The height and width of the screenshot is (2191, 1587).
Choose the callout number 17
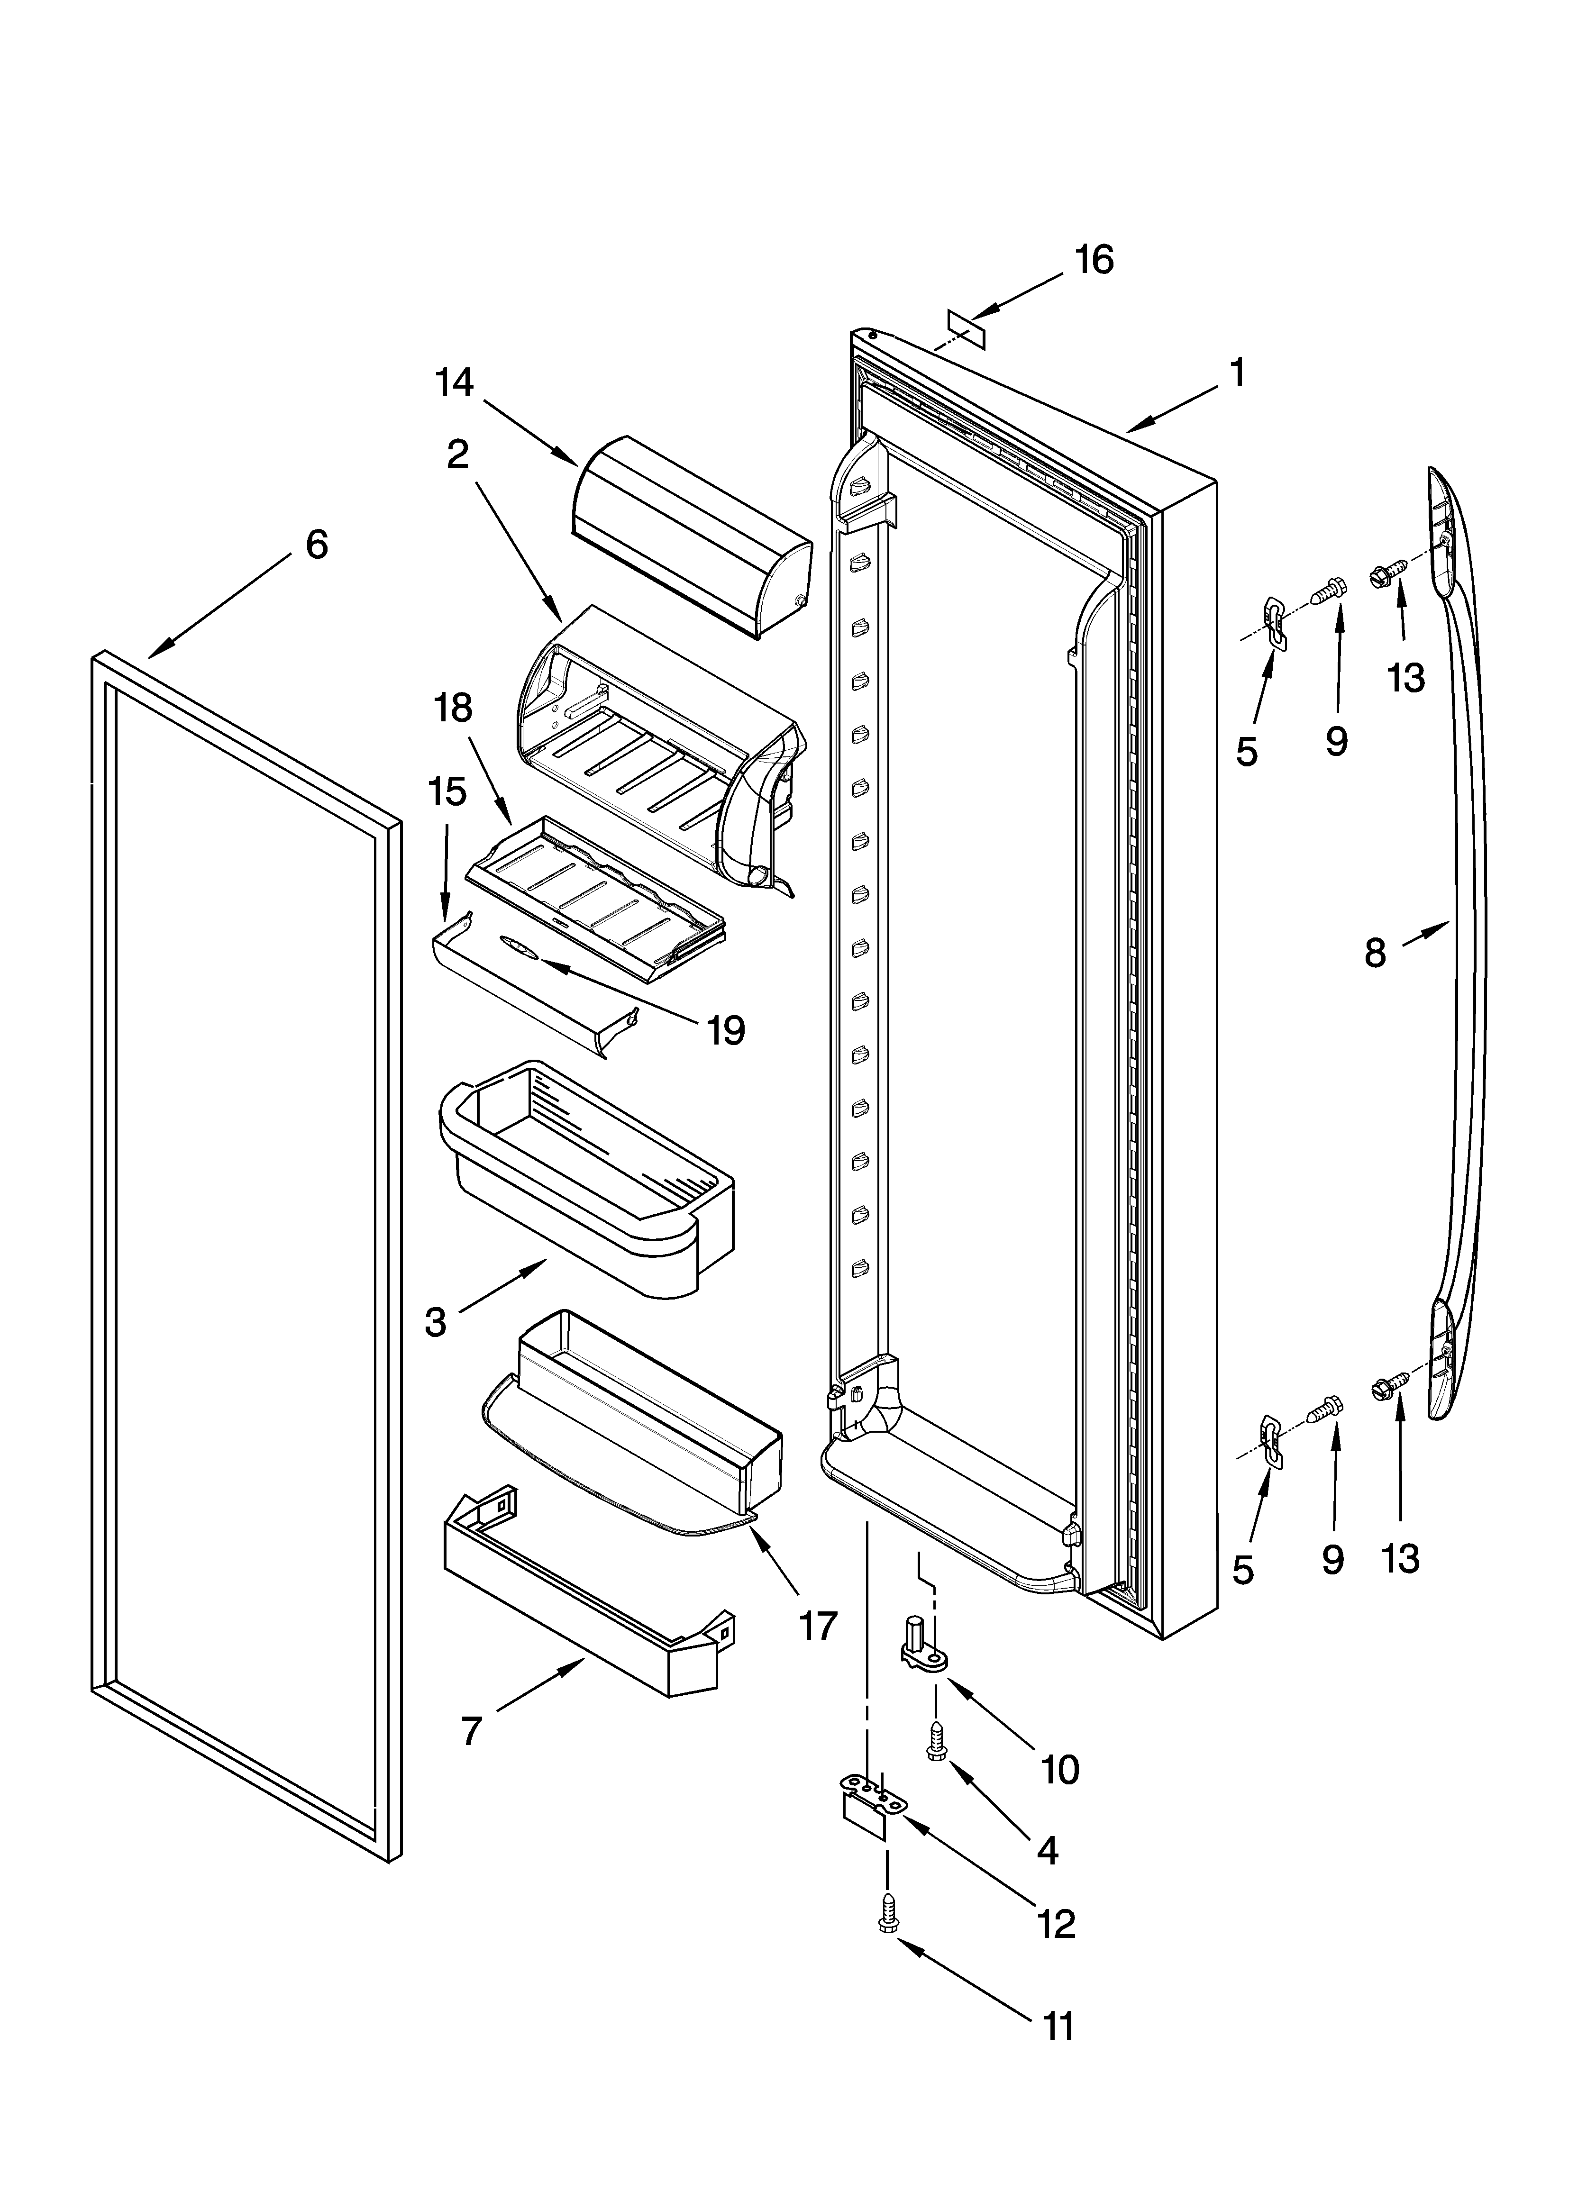818,1626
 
